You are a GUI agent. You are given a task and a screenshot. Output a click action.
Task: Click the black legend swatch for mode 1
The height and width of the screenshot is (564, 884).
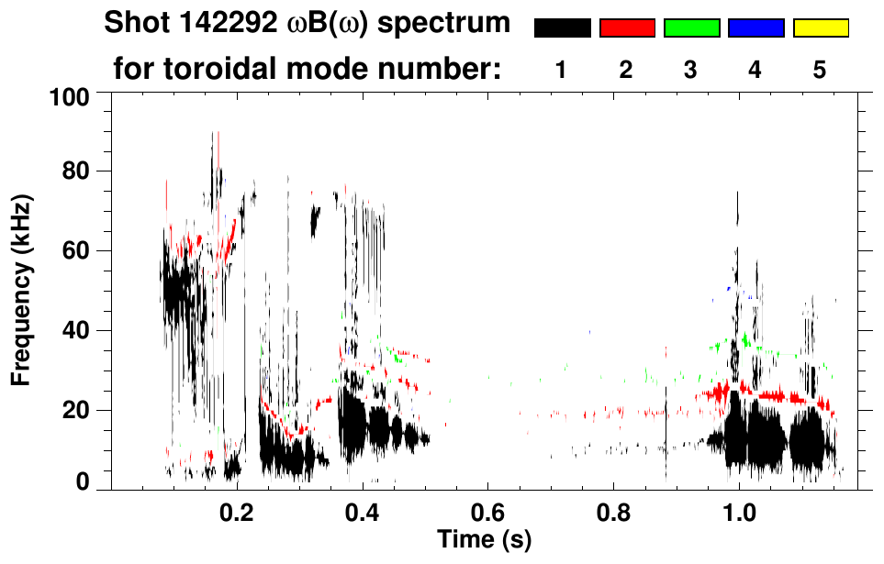(x=563, y=28)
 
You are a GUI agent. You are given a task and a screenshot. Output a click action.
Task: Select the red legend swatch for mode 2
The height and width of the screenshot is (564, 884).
(x=627, y=28)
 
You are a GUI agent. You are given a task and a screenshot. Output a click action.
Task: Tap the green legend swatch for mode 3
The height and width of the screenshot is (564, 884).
(x=691, y=28)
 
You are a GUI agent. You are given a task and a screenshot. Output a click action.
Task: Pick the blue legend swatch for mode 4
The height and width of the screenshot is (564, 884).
(x=755, y=28)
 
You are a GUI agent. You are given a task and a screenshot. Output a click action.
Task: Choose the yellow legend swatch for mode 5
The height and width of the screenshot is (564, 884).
(x=821, y=28)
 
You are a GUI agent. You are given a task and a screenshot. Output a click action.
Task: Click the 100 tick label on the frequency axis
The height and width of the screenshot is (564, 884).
(x=71, y=95)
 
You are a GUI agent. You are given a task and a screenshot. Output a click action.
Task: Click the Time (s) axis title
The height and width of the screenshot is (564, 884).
(x=484, y=538)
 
